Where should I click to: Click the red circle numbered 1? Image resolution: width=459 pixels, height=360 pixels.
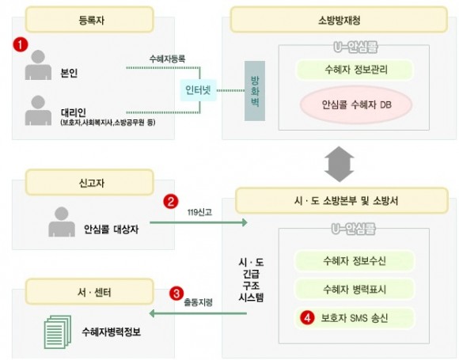point(21,45)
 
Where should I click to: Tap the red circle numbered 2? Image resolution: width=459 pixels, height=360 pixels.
point(171,202)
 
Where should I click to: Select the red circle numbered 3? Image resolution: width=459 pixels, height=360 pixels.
point(176,294)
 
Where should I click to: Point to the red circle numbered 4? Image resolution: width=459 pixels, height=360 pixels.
point(307,318)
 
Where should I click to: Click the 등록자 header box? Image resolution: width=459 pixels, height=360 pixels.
point(89,20)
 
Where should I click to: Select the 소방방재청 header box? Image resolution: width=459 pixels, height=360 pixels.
point(339,20)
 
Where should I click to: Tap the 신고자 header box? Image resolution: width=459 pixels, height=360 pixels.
point(89,182)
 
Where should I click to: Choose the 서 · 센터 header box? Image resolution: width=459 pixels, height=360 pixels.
point(89,292)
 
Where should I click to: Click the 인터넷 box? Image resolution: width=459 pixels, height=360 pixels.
point(198,90)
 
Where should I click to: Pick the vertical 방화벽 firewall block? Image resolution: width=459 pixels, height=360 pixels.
point(255,91)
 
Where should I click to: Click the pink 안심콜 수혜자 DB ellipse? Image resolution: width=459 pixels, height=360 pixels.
point(356,104)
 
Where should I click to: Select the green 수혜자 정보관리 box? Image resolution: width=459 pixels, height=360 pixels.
point(355,70)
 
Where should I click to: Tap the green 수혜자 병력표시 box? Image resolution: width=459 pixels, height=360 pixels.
point(355,290)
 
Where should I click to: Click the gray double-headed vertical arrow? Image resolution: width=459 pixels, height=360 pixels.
point(340,164)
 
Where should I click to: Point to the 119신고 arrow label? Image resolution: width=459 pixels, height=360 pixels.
point(199,212)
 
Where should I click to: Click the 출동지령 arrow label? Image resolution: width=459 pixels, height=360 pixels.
point(198,302)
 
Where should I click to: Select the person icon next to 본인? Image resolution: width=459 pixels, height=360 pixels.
point(38,65)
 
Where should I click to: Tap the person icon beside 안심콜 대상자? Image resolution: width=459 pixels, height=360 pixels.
point(62,222)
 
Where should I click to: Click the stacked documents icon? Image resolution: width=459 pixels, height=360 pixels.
point(58,332)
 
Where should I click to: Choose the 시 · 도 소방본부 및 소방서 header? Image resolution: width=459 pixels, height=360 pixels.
point(342,200)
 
